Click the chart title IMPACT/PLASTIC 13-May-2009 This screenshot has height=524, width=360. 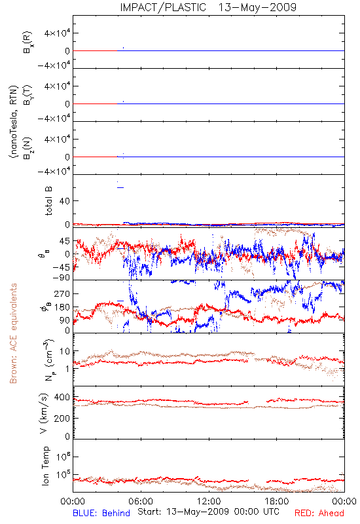(x=208, y=7)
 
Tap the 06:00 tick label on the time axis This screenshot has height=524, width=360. (x=141, y=501)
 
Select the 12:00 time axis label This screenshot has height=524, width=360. (x=209, y=501)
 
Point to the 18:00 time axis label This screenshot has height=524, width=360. (x=277, y=501)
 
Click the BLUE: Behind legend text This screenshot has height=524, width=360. (x=101, y=513)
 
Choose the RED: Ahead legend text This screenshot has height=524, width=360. (x=319, y=513)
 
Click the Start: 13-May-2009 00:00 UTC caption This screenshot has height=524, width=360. (x=208, y=512)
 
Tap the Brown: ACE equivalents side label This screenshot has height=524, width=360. (x=13, y=333)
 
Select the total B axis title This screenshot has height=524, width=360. (x=48, y=201)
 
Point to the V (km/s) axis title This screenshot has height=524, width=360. (x=44, y=413)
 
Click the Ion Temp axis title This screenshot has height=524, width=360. (x=45, y=466)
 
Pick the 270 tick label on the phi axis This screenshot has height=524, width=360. (x=62, y=293)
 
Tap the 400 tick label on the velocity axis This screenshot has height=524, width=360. (x=62, y=398)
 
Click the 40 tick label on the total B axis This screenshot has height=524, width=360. (x=65, y=201)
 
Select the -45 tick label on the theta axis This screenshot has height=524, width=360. (x=61, y=267)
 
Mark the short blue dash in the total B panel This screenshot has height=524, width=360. (x=120, y=187)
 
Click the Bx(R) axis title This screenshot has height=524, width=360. (x=27, y=43)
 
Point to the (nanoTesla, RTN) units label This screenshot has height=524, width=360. (x=13, y=122)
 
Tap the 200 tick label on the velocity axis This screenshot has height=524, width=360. (x=62, y=419)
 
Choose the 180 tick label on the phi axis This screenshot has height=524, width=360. (x=62, y=307)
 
